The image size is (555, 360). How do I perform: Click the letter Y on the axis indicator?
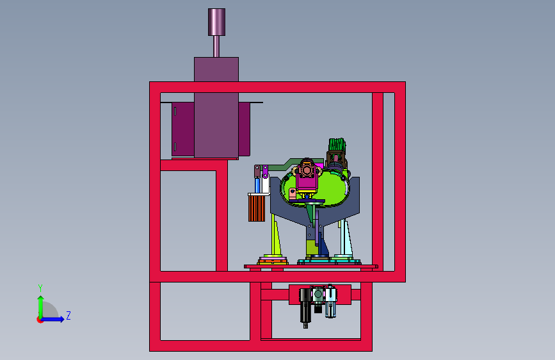coord(40,288)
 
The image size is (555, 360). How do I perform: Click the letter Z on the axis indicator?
coord(68,315)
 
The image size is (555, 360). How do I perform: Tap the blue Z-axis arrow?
coord(52,319)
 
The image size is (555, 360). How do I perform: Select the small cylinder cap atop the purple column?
coord(216,22)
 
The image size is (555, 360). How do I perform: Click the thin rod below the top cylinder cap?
coord(216,46)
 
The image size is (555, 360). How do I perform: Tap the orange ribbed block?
coord(257,208)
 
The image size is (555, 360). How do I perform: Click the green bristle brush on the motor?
coord(337,145)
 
